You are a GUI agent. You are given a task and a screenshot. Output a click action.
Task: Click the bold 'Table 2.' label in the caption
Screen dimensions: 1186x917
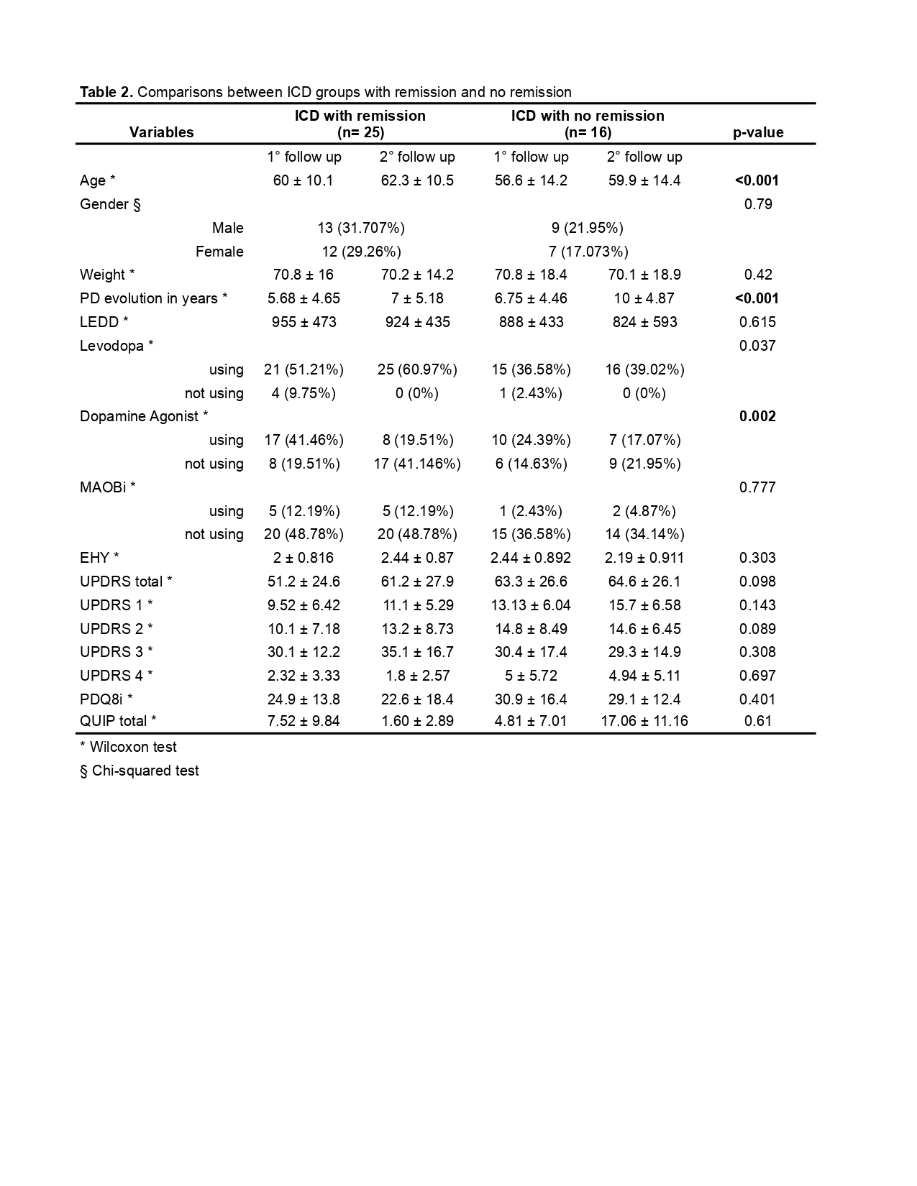click(106, 92)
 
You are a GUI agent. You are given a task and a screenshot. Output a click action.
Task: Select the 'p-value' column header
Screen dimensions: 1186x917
click(758, 132)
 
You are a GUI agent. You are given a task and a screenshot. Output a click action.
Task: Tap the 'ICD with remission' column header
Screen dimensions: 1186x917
click(360, 116)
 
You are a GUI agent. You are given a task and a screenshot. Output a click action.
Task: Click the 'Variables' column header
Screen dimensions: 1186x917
click(161, 132)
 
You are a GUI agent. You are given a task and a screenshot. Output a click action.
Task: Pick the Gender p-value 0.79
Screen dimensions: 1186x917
click(758, 204)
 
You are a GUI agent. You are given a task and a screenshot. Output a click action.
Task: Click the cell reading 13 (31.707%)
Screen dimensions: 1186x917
click(361, 228)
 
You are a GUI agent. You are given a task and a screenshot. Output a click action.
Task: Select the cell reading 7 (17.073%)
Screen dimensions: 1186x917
click(588, 252)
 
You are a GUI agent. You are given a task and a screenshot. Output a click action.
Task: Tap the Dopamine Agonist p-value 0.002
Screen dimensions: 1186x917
click(757, 416)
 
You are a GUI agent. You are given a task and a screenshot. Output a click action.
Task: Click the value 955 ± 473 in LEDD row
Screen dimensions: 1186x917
click(304, 322)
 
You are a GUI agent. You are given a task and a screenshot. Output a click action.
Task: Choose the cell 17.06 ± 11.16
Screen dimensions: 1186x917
click(644, 721)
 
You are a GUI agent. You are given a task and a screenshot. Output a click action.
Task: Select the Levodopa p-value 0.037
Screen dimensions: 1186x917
click(757, 346)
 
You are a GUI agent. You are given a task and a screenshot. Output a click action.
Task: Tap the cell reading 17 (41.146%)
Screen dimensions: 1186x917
click(417, 464)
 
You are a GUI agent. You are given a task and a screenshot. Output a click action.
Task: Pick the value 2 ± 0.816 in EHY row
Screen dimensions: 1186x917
click(304, 558)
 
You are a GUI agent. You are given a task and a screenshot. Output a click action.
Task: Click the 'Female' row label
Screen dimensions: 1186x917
click(219, 252)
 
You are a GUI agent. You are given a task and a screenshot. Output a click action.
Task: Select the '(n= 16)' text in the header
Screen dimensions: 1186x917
click(588, 132)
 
